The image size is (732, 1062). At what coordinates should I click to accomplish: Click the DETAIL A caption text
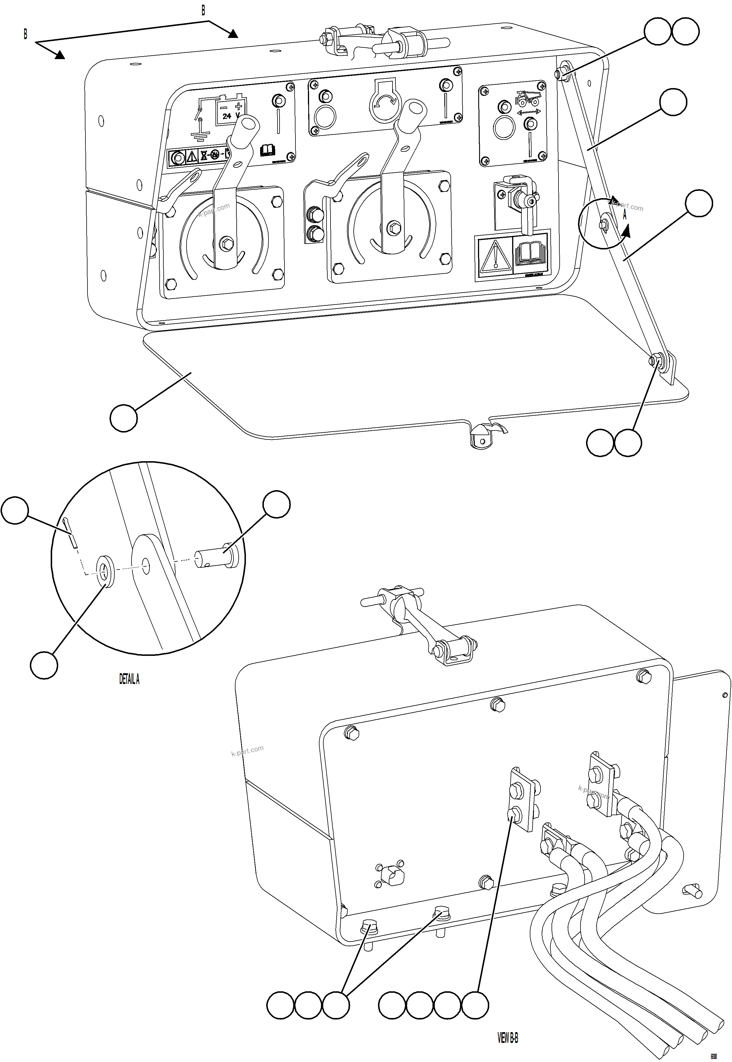[x=129, y=679]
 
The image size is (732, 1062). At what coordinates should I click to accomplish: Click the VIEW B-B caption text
[x=508, y=1037]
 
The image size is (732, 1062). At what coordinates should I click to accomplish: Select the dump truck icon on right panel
[x=527, y=98]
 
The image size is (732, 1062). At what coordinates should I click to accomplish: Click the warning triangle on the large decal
[x=495, y=256]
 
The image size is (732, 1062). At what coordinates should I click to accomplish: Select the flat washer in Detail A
[x=106, y=571]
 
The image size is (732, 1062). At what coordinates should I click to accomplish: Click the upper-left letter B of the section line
[x=25, y=34]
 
